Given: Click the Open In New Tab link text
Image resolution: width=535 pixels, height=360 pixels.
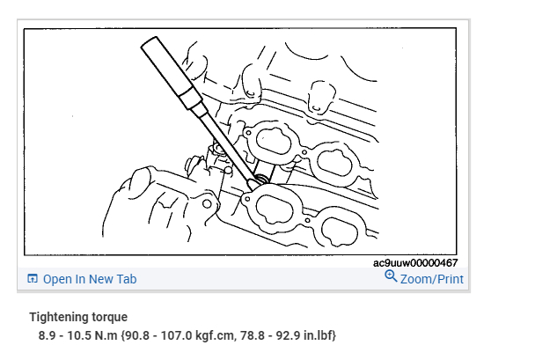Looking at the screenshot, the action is coord(90,279).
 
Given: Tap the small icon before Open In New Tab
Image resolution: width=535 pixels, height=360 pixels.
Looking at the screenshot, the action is coord(33,279).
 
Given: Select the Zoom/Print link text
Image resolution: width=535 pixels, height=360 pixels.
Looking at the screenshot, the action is coord(432,279).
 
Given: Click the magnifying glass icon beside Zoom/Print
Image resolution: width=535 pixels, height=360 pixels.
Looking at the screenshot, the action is coord(391,276).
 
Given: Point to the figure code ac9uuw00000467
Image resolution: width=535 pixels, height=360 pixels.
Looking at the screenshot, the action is coord(415,263).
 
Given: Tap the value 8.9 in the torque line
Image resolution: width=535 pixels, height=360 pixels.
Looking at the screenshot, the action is coord(47,335).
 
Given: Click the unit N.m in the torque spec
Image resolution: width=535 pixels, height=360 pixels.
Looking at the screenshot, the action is coord(106,335).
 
